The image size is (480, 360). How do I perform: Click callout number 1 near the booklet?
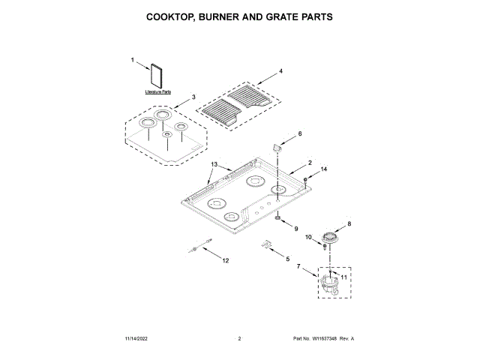pyautogui.click(x=133, y=59)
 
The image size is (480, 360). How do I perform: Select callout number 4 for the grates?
pyautogui.click(x=280, y=71)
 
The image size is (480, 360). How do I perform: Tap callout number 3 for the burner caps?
pyautogui.click(x=193, y=97)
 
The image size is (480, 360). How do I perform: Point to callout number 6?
pyautogui.click(x=300, y=133)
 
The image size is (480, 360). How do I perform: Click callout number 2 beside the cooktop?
pyautogui.click(x=309, y=163)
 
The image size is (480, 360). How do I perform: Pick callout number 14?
pyautogui.click(x=325, y=170)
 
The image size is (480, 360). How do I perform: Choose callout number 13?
pyautogui.click(x=214, y=164)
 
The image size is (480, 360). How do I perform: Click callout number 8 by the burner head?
pyautogui.click(x=348, y=223)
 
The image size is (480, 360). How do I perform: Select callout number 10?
pyautogui.click(x=307, y=237)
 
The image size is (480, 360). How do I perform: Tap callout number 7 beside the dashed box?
pyautogui.click(x=299, y=266)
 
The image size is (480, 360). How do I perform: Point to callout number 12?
pyautogui.click(x=226, y=260)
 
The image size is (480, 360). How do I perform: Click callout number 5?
pyautogui.click(x=286, y=258)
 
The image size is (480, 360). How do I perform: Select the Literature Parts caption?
pyautogui.click(x=158, y=91)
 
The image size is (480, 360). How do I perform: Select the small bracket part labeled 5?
pyautogui.click(x=265, y=244)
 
